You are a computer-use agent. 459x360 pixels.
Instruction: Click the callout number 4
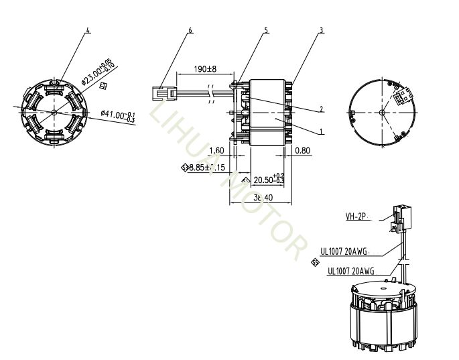point(87,30)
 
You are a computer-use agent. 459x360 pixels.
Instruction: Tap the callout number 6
point(190,30)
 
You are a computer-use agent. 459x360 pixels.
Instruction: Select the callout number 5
point(266,30)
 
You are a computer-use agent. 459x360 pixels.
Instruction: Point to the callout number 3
point(322,30)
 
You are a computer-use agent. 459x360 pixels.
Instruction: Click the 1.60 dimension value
point(216,151)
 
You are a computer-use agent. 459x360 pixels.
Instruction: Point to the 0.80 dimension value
point(302,151)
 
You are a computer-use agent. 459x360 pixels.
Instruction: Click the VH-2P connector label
point(358,217)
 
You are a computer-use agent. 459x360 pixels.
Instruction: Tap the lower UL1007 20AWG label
point(350,272)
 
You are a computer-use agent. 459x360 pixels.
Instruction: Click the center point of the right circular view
point(381,112)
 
